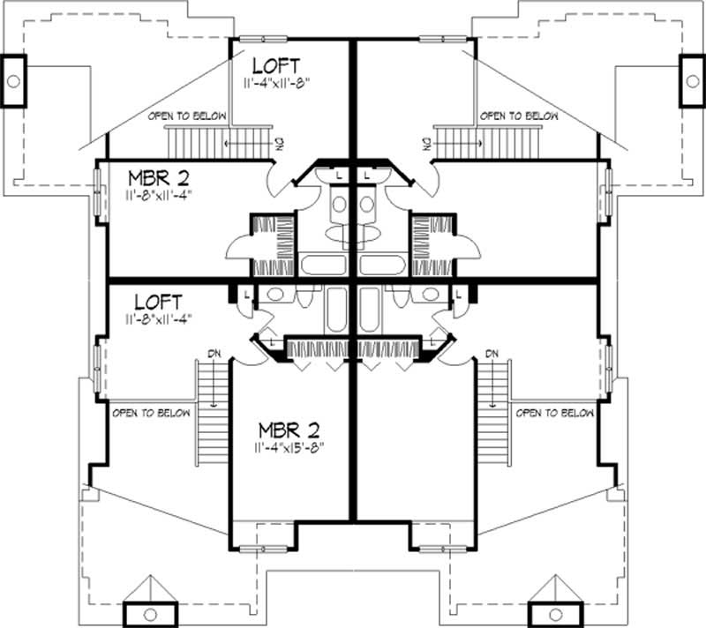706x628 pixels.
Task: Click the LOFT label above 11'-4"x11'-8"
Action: point(276,66)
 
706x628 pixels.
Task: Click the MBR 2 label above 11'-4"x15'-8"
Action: point(288,430)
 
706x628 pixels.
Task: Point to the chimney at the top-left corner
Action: point(14,80)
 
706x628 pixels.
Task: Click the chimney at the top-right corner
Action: point(691,80)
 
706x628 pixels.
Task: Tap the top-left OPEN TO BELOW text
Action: point(187,116)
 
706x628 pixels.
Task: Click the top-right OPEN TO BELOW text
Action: point(519,116)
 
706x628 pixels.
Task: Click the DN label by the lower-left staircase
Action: point(214,354)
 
